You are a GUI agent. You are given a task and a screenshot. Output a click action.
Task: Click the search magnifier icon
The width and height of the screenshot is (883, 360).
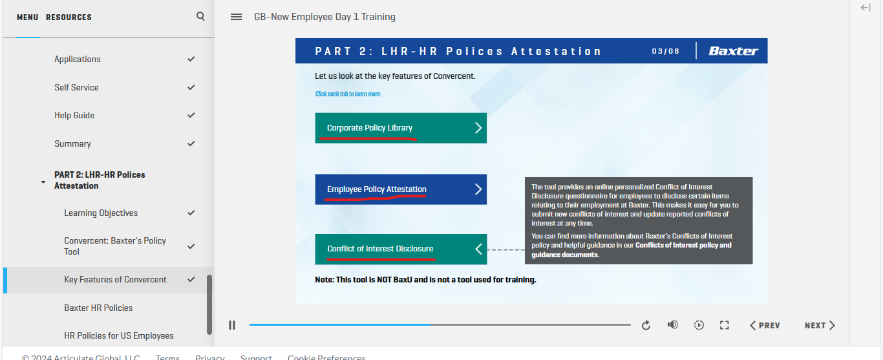(200, 16)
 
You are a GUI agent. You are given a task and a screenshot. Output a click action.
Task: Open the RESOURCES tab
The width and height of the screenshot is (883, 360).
(69, 17)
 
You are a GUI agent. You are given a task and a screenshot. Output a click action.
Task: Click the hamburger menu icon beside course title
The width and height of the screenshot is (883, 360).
(236, 17)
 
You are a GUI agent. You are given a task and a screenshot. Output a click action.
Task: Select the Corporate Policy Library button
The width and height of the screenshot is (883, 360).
(401, 128)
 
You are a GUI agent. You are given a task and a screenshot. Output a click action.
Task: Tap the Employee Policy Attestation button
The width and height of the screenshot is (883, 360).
(401, 189)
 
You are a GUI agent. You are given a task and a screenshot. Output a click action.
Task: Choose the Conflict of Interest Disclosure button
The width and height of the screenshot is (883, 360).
(401, 249)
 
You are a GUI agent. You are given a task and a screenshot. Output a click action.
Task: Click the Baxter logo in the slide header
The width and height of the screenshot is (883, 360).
(733, 51)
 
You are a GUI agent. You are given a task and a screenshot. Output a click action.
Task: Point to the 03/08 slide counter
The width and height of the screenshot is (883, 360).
(665, 51)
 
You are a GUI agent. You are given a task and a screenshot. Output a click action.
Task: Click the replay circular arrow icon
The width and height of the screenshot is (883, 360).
(646, 325)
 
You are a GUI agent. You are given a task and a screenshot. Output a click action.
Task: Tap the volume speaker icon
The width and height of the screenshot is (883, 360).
(672, 324)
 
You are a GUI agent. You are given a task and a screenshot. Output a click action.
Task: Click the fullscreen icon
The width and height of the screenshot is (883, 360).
(724, 325)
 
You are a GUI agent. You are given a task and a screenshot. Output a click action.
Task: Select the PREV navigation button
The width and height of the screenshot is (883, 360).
(765, 325)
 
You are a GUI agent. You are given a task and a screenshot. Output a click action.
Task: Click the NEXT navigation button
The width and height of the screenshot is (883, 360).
(820, 325)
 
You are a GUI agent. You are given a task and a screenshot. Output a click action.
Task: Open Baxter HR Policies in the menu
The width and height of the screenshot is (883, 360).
(98, 308)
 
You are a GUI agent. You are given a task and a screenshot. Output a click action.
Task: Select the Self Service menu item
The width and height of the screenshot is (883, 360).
(76, 87)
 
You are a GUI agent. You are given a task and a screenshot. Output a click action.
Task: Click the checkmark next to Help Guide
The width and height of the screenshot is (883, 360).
(191, 115)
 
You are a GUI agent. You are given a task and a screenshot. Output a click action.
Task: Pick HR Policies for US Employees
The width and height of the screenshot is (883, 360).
(119, 335)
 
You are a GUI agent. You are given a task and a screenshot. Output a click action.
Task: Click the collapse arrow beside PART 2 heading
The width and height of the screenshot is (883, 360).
(43, 182)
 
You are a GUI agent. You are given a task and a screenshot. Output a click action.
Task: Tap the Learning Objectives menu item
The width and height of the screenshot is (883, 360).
(101, 213)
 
